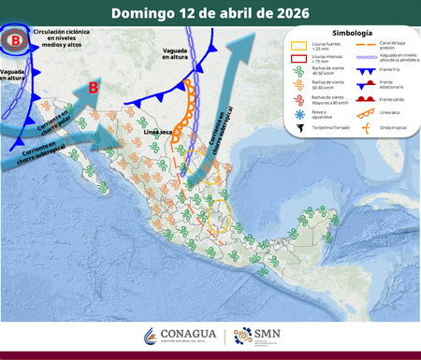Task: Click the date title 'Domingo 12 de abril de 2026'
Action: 210,13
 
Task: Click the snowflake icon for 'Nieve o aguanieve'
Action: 296,113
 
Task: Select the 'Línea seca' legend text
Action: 390,113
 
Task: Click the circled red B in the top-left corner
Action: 14,41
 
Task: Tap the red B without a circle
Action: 93,88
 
